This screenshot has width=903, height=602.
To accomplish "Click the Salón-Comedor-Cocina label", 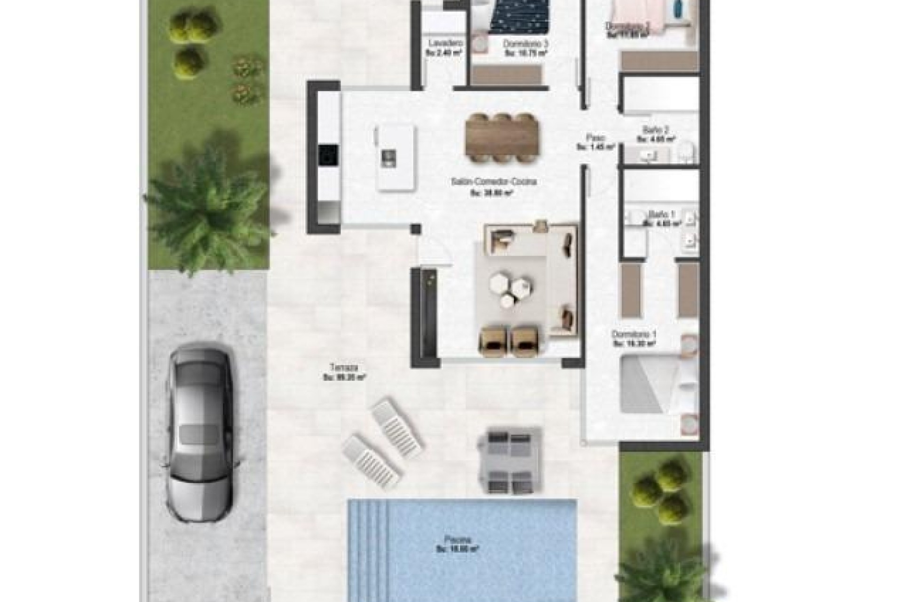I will point(493,182).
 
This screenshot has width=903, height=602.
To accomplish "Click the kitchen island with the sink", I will point(396,158).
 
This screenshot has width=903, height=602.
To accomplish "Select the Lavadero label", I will point(443,43).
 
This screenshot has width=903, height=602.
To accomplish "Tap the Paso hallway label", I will point(595,138).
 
